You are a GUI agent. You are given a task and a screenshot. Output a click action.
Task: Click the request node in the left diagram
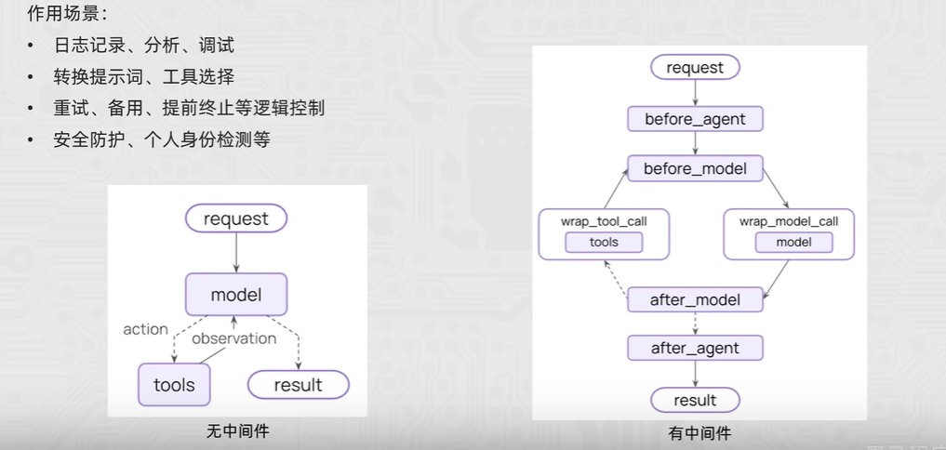pyautogui.click(x=236, y=219)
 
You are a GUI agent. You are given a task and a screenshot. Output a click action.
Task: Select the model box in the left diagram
pyautogui.click(x=236, y=295)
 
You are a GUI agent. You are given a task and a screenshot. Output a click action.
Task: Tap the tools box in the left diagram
pyautogui.click(x=174, y=384)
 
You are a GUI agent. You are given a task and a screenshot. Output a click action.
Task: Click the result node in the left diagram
pyautogui.click(x=298, y=384)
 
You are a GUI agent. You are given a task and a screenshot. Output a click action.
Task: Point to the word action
pyautogui.click(x=146, y=329)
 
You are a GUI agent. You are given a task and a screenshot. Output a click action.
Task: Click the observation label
pyautogui.click(x=233, y=338)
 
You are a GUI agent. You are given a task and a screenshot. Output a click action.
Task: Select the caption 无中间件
pyautogui.click(x=237, y=431)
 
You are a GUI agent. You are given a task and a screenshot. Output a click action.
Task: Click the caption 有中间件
pyautogui.click(x=695, y=433)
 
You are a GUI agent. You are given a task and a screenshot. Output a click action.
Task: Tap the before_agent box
pyautogui.click(x=695, y=119)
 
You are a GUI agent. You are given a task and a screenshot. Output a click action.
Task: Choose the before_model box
pyautogui.click(x=695, y=168)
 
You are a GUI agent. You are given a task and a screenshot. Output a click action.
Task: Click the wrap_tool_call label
pyautogui.click(x=605, y=221)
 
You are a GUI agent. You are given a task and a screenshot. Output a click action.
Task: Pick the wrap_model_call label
pyautogui.click(x=789, y=221)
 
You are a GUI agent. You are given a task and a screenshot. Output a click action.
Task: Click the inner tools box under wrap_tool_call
pyautogui.click(x=605, y=243)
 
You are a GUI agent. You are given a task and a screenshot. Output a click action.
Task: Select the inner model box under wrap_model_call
pyautogui.click(x=793, y=243)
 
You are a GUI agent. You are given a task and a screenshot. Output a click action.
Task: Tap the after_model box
pyautogui.click(x=695, y=299)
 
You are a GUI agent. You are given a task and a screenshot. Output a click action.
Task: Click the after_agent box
pyautogui.click(x=695, y=348)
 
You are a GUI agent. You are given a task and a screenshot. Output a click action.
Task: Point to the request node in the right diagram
pyautogui.click(x=695, y=67)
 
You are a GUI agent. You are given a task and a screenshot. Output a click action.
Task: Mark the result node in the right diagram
pyautogui.click(x=695, y=400)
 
